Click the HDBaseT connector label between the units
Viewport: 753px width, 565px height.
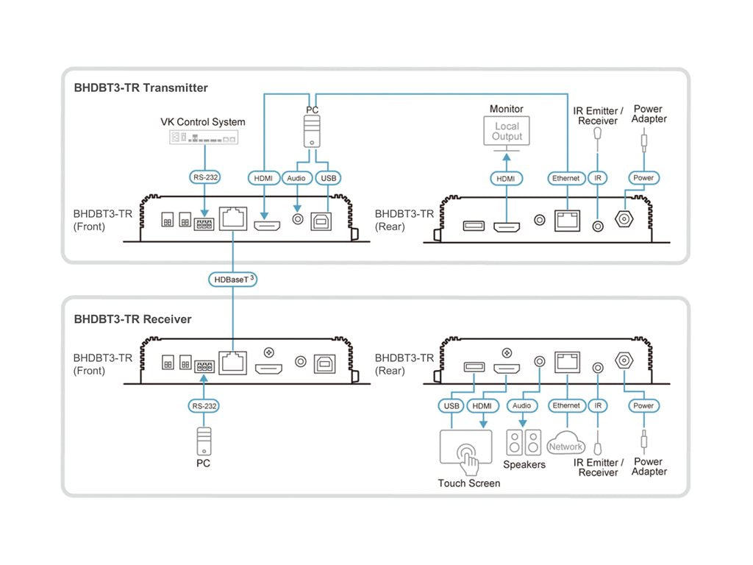click(233, 280)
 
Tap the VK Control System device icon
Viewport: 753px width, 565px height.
click(204, 138)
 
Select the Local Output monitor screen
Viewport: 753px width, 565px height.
click(507, 132)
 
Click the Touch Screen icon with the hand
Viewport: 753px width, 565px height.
click(465, 447)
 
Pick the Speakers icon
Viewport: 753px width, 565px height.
click(524, 443)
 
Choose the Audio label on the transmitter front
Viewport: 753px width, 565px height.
click(297, 178)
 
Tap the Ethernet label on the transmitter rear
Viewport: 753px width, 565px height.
click(566, 178)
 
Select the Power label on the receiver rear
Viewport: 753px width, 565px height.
click(643, 405)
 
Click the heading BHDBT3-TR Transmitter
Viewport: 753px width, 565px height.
click(140, 88)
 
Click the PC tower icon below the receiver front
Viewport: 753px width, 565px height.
click(203, 441)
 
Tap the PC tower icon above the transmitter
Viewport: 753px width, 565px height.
click(313, 134)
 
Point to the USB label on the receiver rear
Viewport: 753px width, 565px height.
click(452, 405)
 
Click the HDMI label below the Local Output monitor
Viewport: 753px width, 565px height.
click(507, 178)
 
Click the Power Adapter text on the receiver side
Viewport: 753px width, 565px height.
click(649, 466)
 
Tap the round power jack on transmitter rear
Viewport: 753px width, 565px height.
click(626, 219)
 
